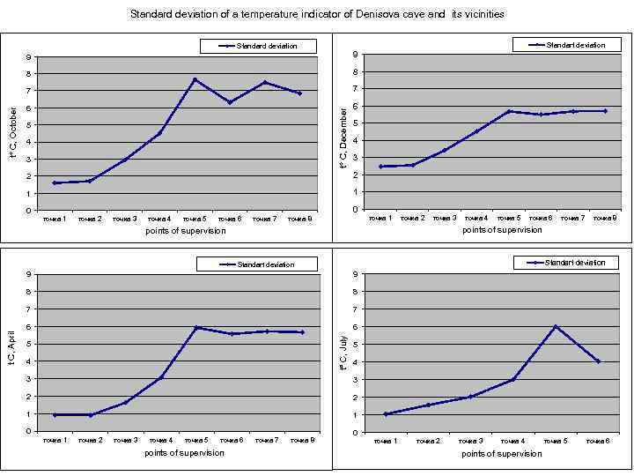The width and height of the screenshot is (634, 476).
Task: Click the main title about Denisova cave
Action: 317,14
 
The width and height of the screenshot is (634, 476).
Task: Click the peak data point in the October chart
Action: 195,79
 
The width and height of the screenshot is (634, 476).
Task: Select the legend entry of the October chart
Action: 259,46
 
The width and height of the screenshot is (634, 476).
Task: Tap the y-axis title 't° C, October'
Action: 12,133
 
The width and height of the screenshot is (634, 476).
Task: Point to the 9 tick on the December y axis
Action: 354,55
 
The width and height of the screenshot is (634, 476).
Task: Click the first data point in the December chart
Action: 380,167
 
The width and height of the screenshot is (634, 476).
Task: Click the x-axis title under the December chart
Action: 502,230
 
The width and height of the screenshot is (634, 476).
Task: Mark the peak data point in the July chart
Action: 556,326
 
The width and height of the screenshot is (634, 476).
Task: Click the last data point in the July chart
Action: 599,361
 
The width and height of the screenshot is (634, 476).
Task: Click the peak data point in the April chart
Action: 197,327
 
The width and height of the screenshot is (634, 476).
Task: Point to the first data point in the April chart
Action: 55,414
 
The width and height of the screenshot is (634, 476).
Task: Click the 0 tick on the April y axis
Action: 30,431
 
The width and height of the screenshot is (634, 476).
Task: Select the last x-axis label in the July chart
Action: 599,440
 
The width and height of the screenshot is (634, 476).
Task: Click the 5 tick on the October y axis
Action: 30,125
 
